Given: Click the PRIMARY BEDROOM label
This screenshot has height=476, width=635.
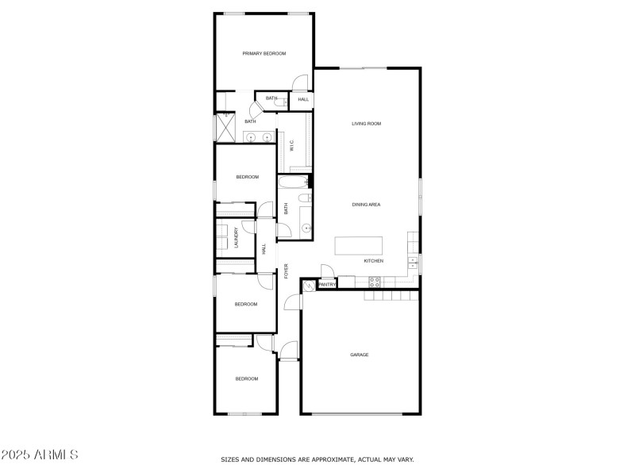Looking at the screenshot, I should click(x=264, y=53).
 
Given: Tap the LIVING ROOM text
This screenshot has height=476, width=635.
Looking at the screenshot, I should click(x=367, y=124).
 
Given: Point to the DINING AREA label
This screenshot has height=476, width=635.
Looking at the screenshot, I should click(x=367, y=205).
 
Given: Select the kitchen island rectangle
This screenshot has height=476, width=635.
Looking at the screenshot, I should click(x=358, y=244).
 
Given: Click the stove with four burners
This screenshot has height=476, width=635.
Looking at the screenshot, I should click(x=375, y=281).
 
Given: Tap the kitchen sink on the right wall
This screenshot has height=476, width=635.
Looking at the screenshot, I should click(x=413, y=261).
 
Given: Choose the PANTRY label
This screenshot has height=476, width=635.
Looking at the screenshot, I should click(x=326, y=284).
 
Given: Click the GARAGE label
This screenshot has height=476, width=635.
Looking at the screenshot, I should click(x=360, y=355).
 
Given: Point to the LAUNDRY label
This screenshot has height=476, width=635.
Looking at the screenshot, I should click(x=236, y=240).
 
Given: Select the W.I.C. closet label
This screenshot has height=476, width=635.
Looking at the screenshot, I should click(x=291, y=146).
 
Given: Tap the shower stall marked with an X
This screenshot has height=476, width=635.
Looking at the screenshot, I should click(x=225, y=127).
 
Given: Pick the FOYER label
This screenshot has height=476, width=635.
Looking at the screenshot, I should click(x=287, y=271).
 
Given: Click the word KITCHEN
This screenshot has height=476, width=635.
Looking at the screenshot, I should click(x=373, y=261).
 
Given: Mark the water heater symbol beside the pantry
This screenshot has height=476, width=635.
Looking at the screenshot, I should click(x=310, y=285).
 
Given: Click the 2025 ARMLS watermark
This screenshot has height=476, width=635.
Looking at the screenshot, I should click(x=40, y=455).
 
